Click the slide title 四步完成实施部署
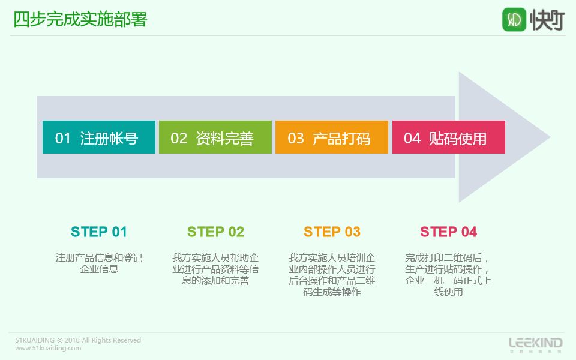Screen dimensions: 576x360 click(x=80, y=19)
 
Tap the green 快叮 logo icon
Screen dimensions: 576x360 click(x=514, y=19)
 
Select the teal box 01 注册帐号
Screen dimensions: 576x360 click(x=99, y=137)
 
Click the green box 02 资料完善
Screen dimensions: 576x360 click(x=215, y=137)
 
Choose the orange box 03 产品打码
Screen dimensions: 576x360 click(x=332, y=137)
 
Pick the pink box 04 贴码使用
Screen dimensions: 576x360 click(x=449, y=137)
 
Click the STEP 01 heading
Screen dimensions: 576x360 click(x=99, y=232)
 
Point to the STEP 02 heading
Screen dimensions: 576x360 click(x=215, y=232)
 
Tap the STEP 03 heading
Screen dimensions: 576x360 click(x=332, y=232)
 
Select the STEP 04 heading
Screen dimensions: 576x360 click(x=449, y=232)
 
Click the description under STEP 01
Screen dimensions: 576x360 click(x=99, y=263)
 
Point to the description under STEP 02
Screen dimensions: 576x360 click(x=215, y=269)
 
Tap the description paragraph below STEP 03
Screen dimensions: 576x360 click(x=332, y=274)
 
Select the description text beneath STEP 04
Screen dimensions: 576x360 click(x=448, y=274)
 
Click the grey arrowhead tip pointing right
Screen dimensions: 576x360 click(x=550, y=137)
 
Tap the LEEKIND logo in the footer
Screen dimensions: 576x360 click(x=536, y=344)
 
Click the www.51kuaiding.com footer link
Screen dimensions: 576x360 click(x=48, y=348)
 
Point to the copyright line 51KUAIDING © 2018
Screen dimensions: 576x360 click(x=78, y=340)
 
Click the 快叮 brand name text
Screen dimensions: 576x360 click(x=547, y=20)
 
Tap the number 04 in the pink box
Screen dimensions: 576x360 click(x=412, y=139)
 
